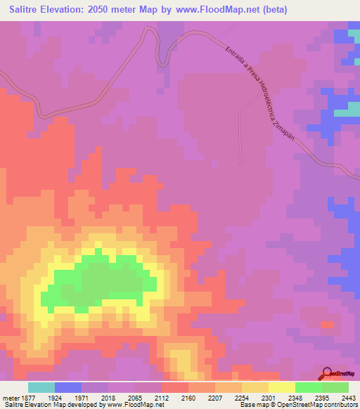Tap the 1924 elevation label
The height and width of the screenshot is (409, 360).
point(54,397)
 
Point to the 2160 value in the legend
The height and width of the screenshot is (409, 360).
point(189,397)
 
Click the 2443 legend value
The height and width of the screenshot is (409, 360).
point(349,397)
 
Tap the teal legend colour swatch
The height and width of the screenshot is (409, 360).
point(41,387)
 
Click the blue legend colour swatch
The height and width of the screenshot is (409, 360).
point(68,387)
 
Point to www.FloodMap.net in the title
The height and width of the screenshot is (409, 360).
point(214,11)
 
